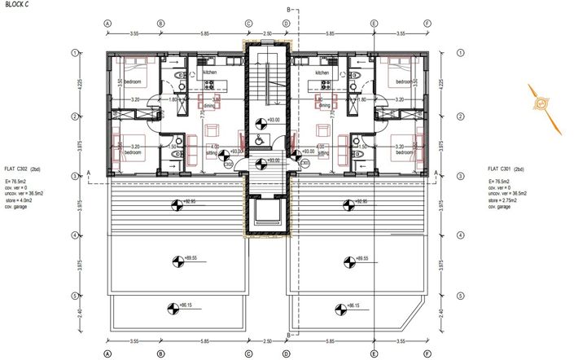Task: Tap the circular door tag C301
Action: [305, 164]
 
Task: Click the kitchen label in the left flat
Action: [209, 73]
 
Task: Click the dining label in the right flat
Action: [324, 105]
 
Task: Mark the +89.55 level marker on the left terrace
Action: [175, 261]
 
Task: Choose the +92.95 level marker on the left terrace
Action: [175, 201]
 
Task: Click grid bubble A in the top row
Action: [107, 24]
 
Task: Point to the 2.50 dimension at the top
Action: [266, 34]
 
